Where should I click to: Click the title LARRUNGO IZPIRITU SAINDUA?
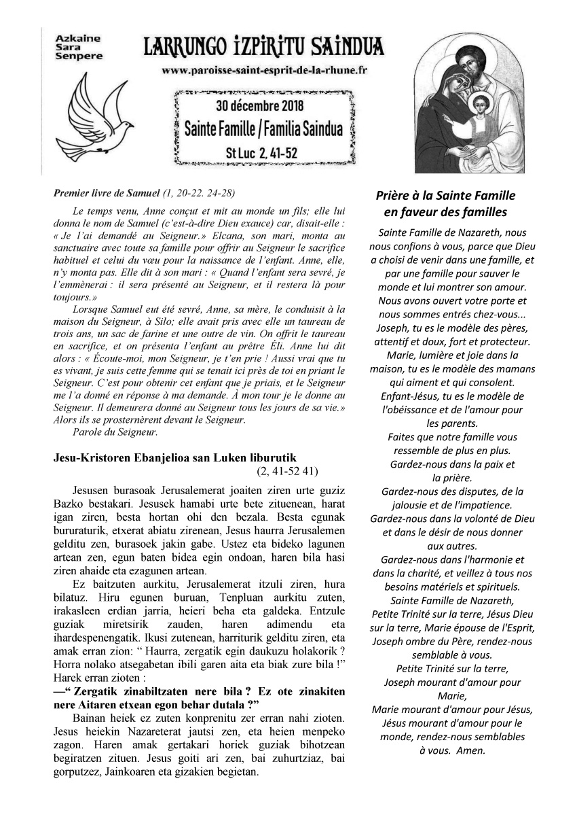click(264, 48)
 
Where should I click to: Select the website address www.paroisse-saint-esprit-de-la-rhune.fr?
click(264, 70)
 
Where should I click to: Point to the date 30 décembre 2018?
click(259, 106)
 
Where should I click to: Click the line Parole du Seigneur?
click(113, 432)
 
